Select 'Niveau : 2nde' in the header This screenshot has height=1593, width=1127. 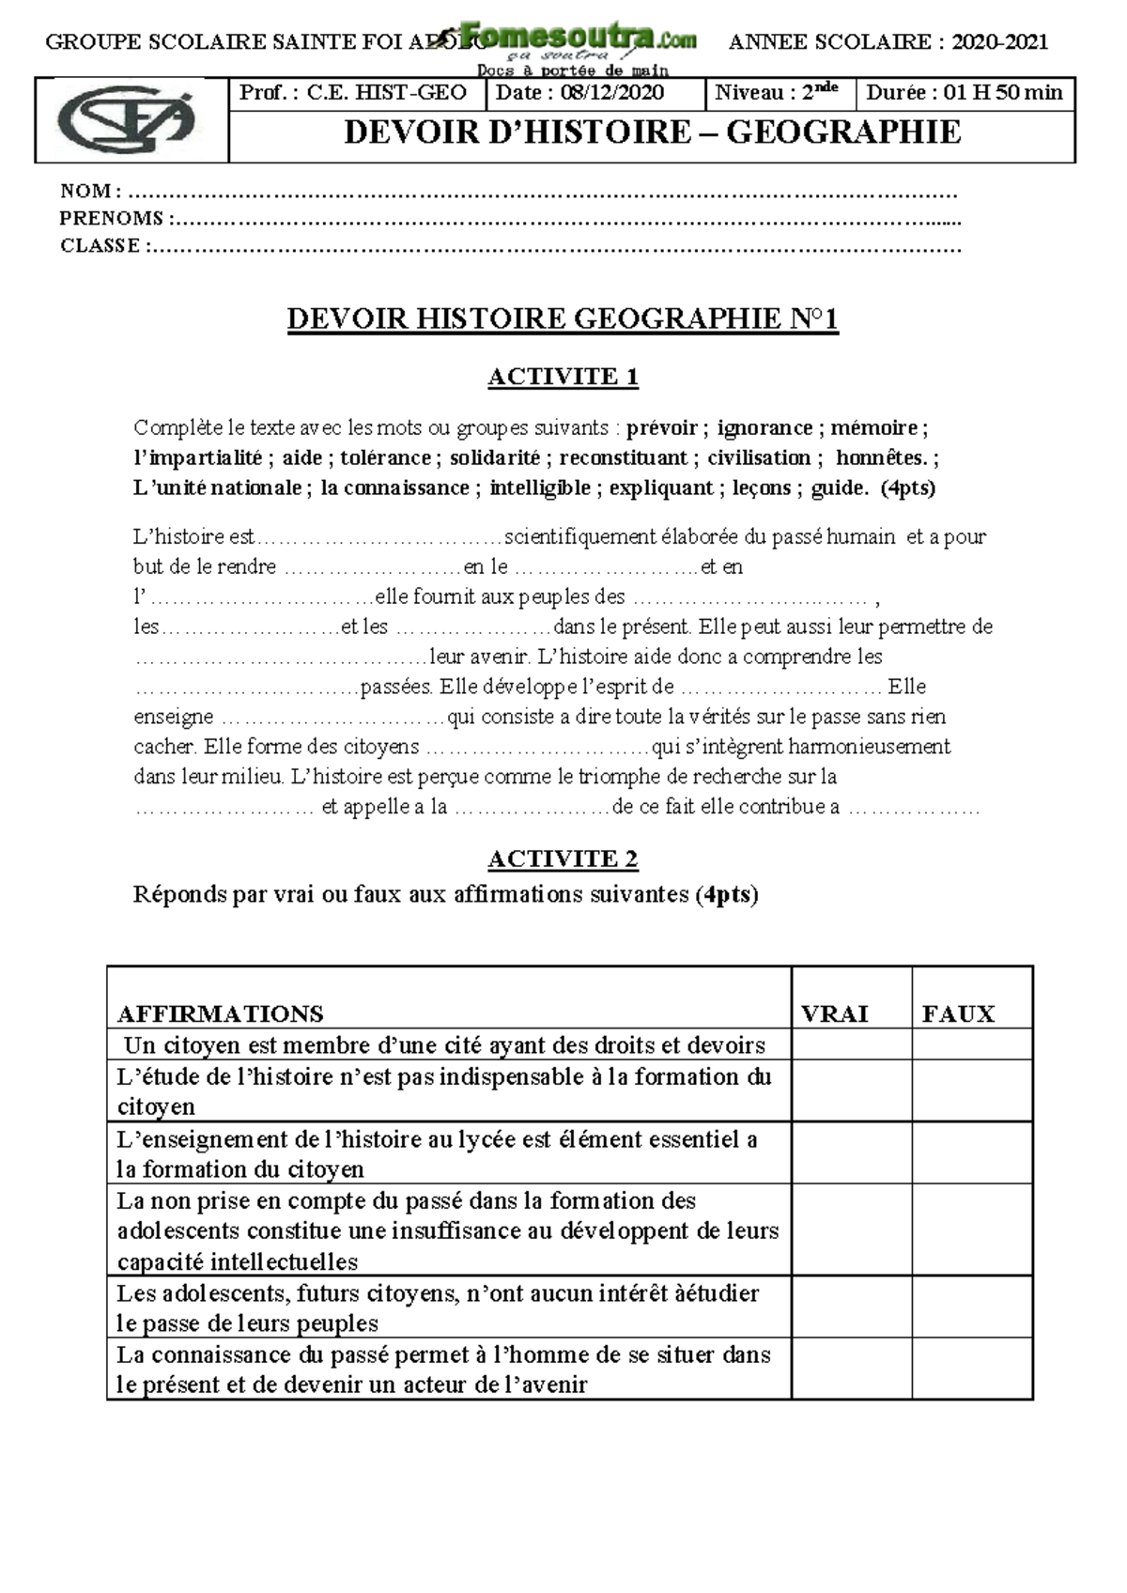click(x=776, y=92)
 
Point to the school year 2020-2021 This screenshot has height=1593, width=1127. click(x=999, y=41)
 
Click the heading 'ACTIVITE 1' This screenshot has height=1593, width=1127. click(x=563, y=377)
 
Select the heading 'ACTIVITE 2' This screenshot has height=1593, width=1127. click(x=563, y=858)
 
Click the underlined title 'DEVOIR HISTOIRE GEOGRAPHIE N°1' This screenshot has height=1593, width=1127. click(x=563, y=319)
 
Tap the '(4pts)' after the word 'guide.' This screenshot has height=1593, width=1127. click(x=908, y=488)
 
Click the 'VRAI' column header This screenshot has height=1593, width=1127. click(x=834, y=1013)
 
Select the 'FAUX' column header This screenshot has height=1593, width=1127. click(x=958, y=1013)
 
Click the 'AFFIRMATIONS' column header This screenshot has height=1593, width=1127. click(x=220, y=1013)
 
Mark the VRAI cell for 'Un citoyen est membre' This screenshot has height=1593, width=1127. click(x=851, y=1044)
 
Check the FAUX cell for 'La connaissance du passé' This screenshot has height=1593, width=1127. click(x=972, y=1369)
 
